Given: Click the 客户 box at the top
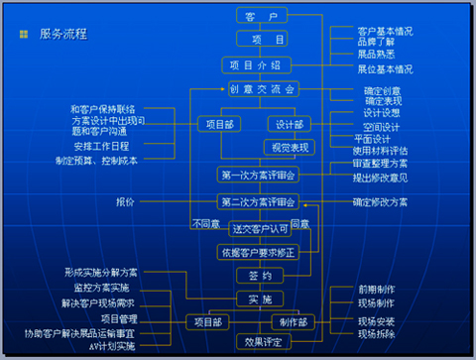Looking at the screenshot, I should click(x=262, y=15).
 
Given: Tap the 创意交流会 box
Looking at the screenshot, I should click(x=262, y=89).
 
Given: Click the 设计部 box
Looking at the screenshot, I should click(x=291, y=125).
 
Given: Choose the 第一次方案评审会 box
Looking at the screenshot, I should click(x=257, y=175).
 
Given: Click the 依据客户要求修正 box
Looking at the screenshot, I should click(x=257, y=252).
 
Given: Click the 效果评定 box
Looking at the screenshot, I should click(x=263, y=343).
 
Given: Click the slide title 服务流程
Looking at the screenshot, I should click(x=63, y=34).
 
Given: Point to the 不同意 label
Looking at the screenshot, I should click(x=206, y=223).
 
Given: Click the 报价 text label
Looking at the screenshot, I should click(x=125, y=202).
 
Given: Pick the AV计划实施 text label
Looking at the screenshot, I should click(x=112, y=346).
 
